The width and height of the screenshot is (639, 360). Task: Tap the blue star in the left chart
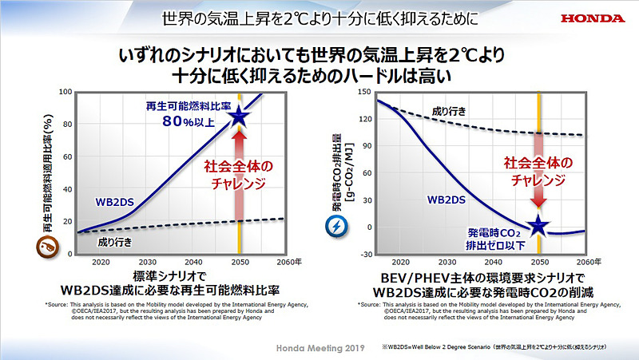[239, 119]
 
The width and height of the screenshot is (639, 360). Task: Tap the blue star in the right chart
[538, 227]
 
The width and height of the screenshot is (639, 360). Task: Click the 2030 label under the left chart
[147, 263]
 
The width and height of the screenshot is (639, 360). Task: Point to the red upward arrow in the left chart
[239, 176]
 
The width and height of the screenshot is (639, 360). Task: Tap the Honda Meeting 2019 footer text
[319, 349]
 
